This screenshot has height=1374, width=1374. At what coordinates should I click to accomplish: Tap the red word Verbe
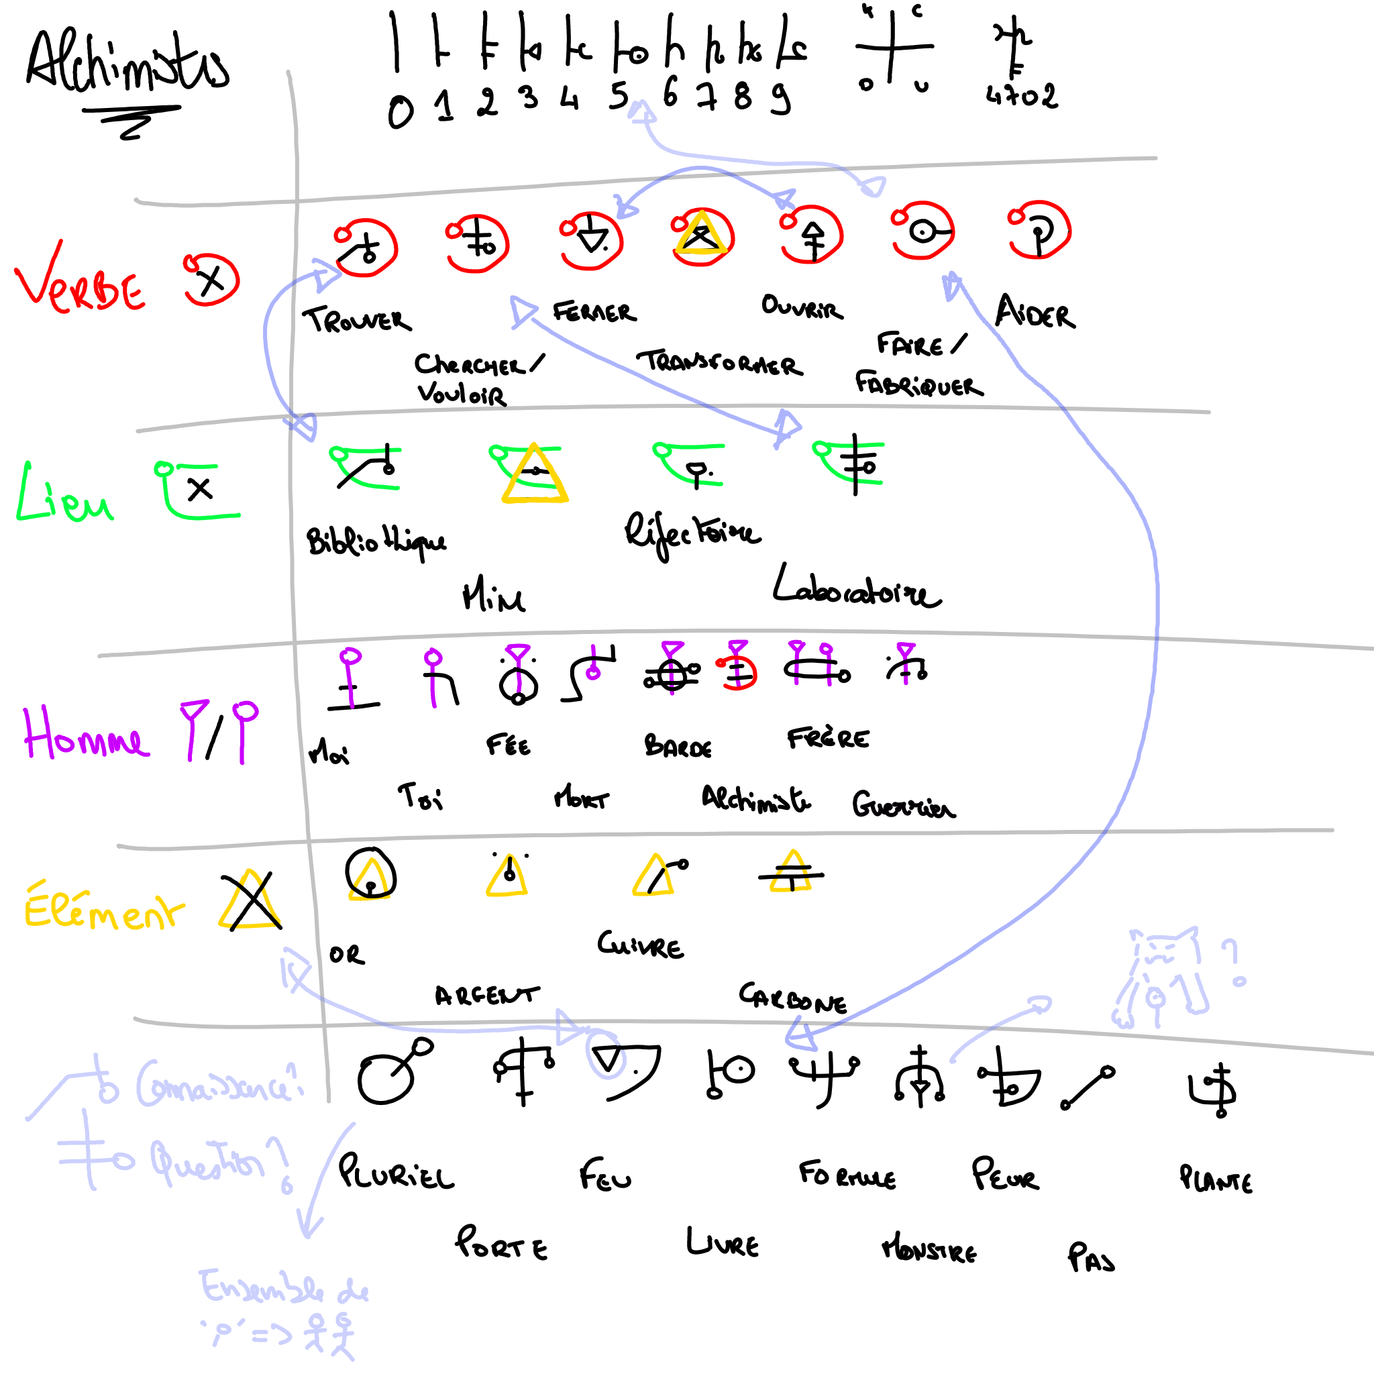tap(80, 284)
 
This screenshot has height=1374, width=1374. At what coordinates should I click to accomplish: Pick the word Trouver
tap(357, 320)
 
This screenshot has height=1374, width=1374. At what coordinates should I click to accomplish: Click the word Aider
tap(1035, 313)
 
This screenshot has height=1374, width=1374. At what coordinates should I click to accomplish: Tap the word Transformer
tap(720, 363)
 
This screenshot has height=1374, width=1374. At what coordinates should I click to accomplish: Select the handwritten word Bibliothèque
tap(377, 542)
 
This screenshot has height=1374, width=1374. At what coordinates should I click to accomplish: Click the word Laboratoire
tap(857, 589)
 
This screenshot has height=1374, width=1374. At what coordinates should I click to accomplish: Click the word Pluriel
tap(395, 1173)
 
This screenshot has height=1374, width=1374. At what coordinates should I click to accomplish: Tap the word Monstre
tap(929, 1249)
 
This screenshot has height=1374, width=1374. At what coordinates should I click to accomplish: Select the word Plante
tap(1216, 1180)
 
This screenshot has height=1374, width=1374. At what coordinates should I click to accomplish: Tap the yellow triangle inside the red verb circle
tap(700, 233)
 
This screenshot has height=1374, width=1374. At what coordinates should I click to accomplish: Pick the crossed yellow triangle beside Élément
tap(250, 901)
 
